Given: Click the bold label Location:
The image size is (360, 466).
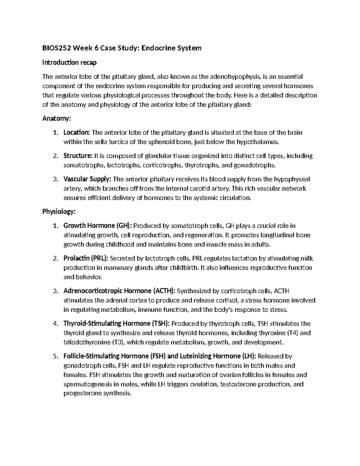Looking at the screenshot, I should point(76,133).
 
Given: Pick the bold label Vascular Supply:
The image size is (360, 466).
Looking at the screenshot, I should point(87,179).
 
